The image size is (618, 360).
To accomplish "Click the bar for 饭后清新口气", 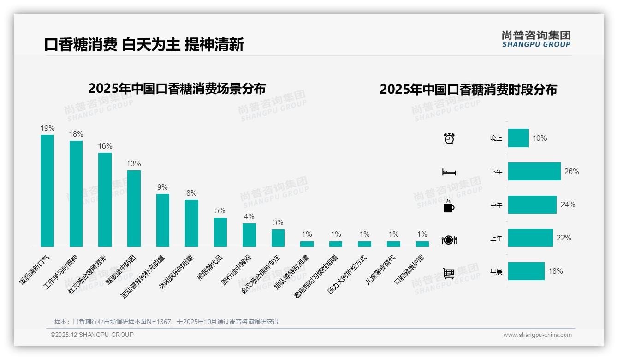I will tap(47, 191).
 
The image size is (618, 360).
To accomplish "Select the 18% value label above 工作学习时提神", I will tap(76, 134).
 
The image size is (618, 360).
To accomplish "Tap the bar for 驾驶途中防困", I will tap(134, 209).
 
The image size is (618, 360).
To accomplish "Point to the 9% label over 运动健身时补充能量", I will tap(162, 187).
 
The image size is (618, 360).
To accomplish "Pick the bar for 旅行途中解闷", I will tap(249, 235).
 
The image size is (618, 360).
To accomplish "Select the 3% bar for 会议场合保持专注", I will tap(278, 238).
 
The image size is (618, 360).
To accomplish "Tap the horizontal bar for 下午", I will tap(534, 171).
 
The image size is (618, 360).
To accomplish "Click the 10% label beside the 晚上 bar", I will tap(539, 138).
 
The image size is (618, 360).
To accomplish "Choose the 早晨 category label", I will tap(496, 271).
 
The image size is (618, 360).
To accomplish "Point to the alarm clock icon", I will tap(449, 138).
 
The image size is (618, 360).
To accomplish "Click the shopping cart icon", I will tap(449, 273).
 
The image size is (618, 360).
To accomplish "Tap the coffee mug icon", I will tap(449, 206).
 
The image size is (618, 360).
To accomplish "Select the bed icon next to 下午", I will tap(449, 172).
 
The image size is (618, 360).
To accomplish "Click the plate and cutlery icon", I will tap(449, 240).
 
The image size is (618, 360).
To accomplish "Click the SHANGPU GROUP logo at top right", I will tap(536, 39).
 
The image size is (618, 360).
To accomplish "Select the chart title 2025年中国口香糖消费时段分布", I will tap(468, 90).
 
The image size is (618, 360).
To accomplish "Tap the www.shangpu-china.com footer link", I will tap(537, 335).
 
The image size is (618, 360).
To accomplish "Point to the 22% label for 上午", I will tap(564, 238).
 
